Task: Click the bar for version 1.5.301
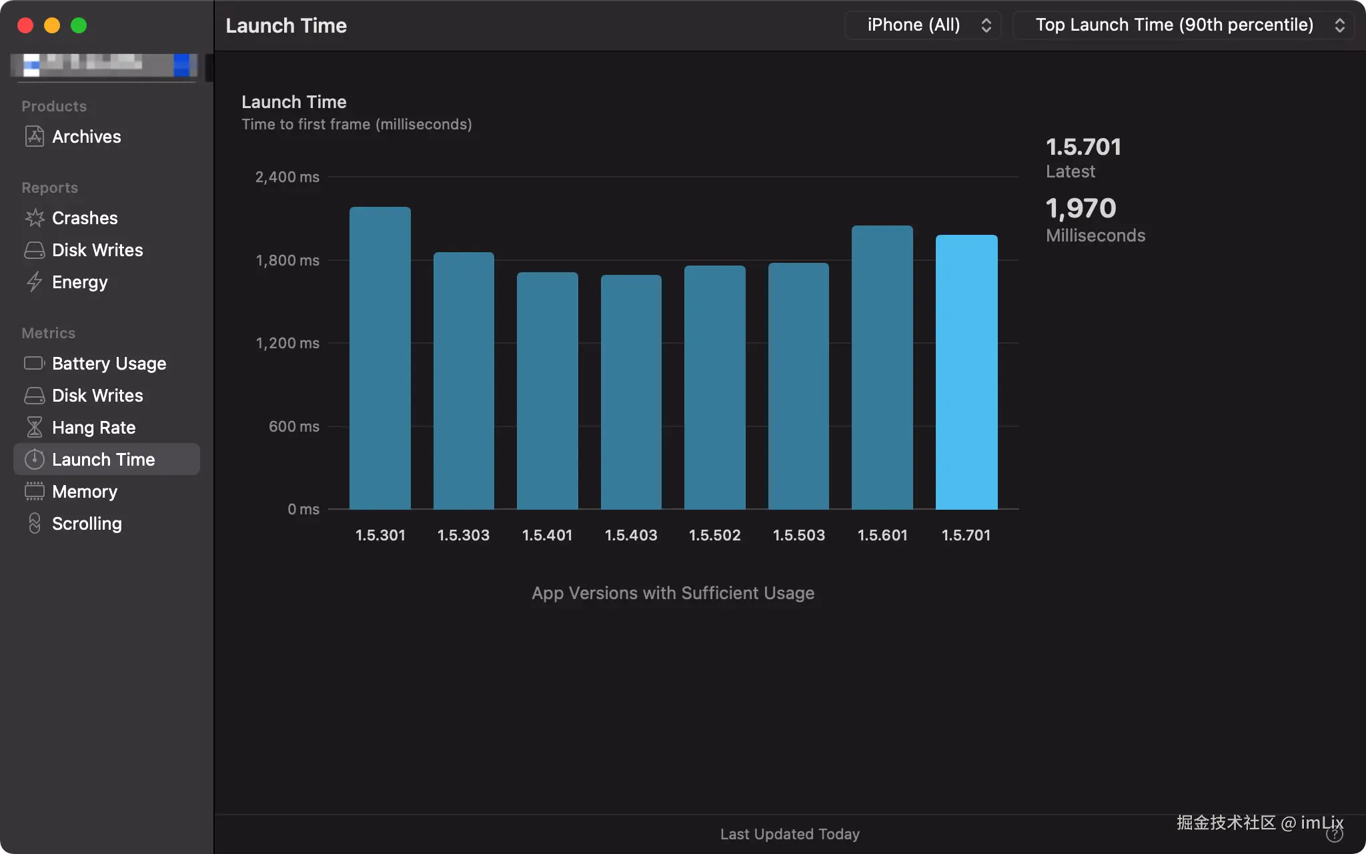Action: [x=380, y=358]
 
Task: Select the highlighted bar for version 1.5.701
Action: [x=966, y=372]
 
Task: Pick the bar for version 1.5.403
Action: [x=631, y=392]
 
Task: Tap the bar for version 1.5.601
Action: [x=882, y=368]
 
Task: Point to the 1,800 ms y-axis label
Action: [x=287, y=260]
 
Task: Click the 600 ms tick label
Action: [x=293, y=426]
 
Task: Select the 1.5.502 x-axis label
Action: [x=714, y=535]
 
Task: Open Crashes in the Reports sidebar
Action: [x=85, y=218]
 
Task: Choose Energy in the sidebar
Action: [x=79, y=282]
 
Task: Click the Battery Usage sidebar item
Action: [x=109, y=364]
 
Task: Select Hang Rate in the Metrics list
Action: [x=93, y=428]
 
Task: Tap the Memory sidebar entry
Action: [x=85, y=492]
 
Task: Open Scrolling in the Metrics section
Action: [x=87, y=524]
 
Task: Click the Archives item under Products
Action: [x=86, y=137]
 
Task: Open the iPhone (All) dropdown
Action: [x=923, y=25]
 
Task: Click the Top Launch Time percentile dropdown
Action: [x=1183, y=25]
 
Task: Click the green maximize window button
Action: [x=79, y=25]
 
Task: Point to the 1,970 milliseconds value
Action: [x=1081, y=208]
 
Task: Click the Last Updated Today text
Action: [x=790, y=834]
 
